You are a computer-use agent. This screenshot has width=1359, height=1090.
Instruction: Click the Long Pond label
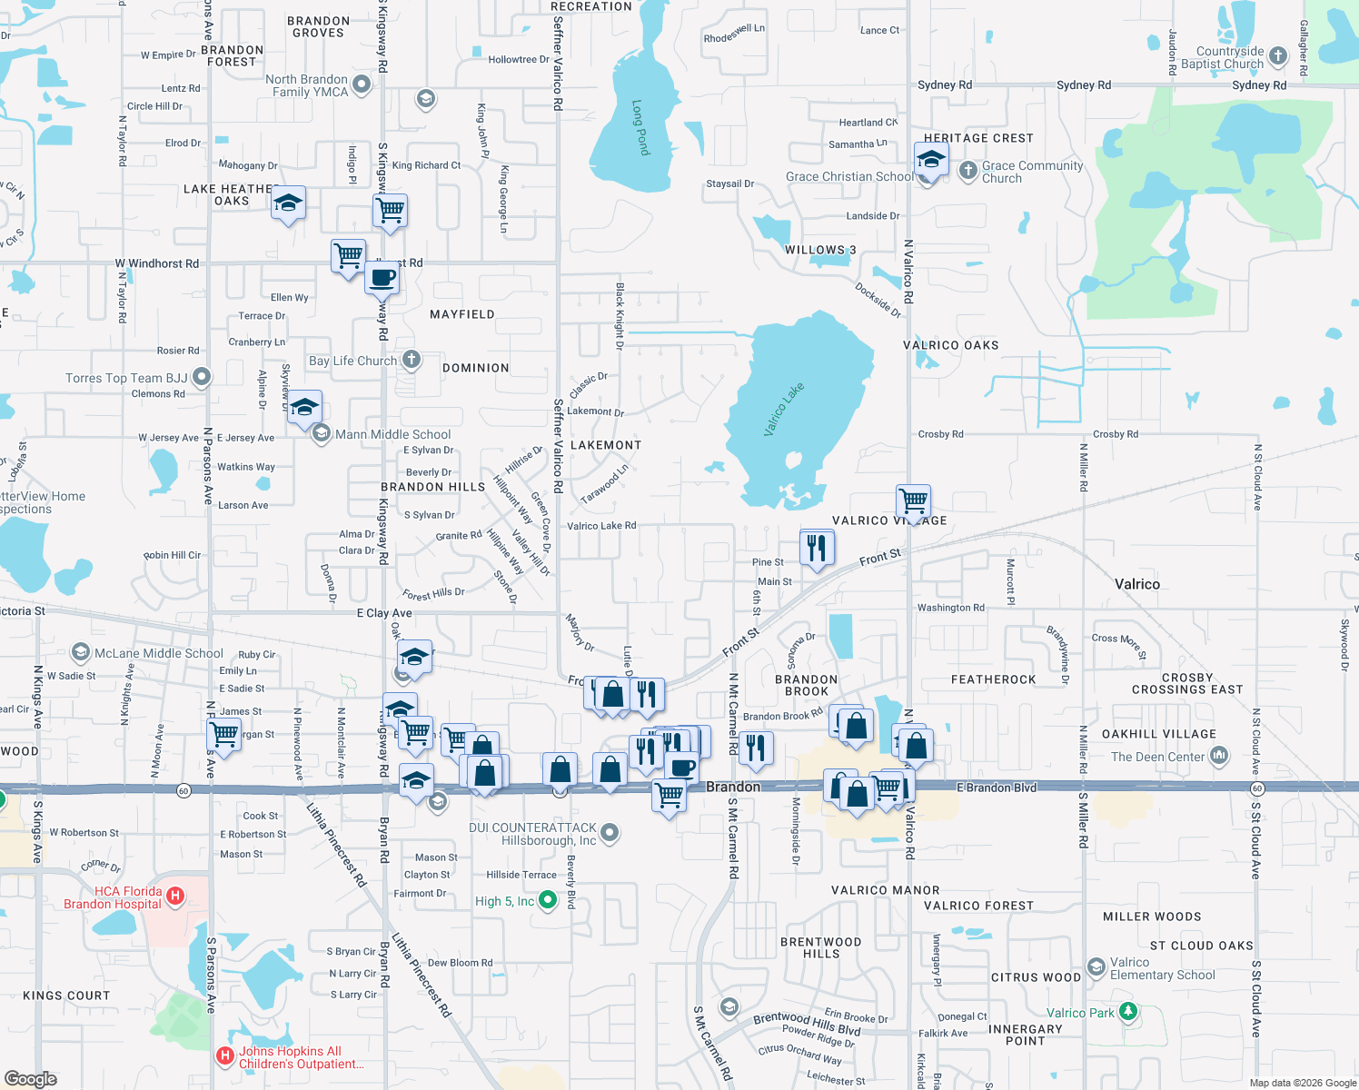point(641,127)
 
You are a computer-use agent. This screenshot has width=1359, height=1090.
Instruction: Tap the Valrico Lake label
point(784,410)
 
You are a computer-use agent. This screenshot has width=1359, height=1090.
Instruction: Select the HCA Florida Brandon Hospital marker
point(175,897)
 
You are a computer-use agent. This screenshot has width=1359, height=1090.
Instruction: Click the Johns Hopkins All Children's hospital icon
point(224,1056)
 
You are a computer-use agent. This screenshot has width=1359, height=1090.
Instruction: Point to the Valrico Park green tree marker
point(1128,1011)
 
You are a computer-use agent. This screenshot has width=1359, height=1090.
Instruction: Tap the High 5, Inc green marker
point(548,900)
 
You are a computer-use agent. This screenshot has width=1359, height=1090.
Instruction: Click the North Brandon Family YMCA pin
point(362,85)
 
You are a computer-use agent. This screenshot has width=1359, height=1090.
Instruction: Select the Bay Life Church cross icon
point(412,360)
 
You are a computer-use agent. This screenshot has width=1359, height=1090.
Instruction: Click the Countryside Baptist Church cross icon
point(1278,56)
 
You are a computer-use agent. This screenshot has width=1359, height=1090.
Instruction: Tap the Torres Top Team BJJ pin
point(202,377)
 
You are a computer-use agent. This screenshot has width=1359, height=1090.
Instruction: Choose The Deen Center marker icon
point(1219,755)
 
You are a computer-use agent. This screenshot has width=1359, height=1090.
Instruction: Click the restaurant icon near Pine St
point(817,548)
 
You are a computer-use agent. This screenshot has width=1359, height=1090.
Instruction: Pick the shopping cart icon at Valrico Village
point(913,500)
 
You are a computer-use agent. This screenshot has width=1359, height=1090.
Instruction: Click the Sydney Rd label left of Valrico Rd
point(944,85)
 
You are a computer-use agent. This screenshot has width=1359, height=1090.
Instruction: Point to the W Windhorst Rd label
point(157,263)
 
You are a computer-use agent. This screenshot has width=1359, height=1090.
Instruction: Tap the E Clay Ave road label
point(384,613)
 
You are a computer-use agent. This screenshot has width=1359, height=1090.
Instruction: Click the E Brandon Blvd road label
point(996,788)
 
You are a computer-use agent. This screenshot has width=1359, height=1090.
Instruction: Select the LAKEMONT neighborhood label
point(605,445)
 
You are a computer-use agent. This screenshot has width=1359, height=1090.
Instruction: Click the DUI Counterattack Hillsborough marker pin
point(610,832)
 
